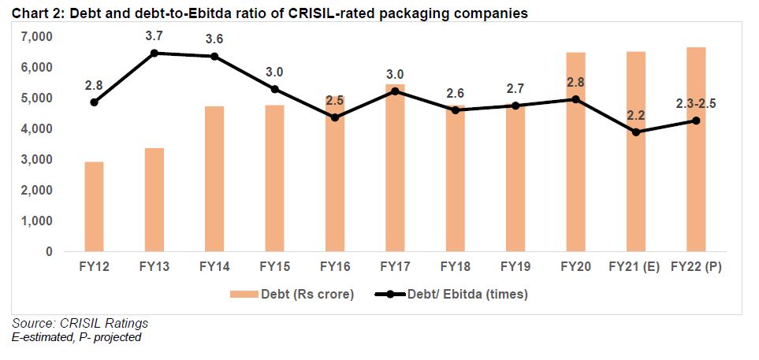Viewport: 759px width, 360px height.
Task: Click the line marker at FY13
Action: click(154, 53)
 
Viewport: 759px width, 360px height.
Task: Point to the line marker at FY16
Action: click(335, 117)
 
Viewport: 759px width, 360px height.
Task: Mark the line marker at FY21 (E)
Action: click(636, 132)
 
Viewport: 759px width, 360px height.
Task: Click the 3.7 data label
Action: click(155, 35)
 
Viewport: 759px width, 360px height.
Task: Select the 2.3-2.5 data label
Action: click(695, 103)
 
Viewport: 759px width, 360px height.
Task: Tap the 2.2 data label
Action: click(636, 115)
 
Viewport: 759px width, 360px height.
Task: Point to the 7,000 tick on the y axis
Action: click(36, 37)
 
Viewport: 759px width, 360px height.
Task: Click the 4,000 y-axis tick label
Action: click(36, 129)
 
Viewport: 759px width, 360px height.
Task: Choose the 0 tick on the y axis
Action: click(49, 252)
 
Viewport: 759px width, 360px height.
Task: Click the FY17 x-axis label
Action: click(395, 268)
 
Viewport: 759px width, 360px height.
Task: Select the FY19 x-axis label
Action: click(515, 268)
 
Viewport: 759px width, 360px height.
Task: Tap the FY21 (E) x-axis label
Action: click(636, 268)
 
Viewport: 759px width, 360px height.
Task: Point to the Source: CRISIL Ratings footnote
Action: click(80, 324)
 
